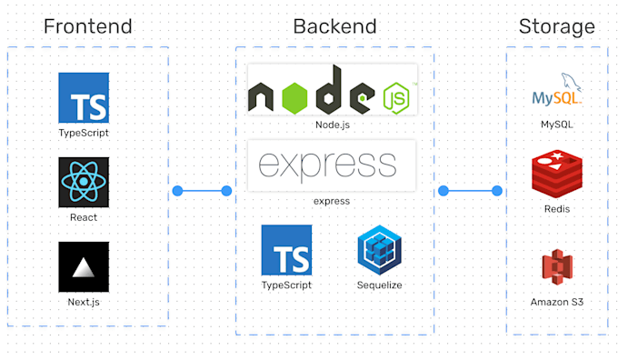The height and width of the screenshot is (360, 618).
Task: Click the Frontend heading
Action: [87, 25]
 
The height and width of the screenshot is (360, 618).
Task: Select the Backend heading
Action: [334, 25]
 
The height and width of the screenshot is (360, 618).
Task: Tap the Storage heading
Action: [556, 25]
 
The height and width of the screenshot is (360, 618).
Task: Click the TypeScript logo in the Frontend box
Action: [84, 97]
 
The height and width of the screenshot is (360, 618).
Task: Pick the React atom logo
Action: [84, 182]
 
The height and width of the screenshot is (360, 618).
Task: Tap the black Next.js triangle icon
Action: [84, 266]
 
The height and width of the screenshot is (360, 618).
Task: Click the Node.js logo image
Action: [332, 91]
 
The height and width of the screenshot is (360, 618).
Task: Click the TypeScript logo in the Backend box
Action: [286, 250]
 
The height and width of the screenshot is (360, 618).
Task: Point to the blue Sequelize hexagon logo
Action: [379, 250]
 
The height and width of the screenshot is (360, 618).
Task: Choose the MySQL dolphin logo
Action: [557, 90]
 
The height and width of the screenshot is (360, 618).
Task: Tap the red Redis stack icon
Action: [557, 174]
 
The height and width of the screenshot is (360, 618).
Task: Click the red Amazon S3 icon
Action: [557, 268]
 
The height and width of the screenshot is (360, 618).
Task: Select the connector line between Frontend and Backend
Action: [202, 191]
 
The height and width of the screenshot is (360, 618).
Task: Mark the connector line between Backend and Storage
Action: [470, 191]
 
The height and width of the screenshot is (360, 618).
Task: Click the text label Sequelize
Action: [379, 285]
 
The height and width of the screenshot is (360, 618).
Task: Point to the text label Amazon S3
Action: [557, 301]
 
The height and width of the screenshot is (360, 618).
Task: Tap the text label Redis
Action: [557, 209]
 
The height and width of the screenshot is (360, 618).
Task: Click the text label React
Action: [84, 218]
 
